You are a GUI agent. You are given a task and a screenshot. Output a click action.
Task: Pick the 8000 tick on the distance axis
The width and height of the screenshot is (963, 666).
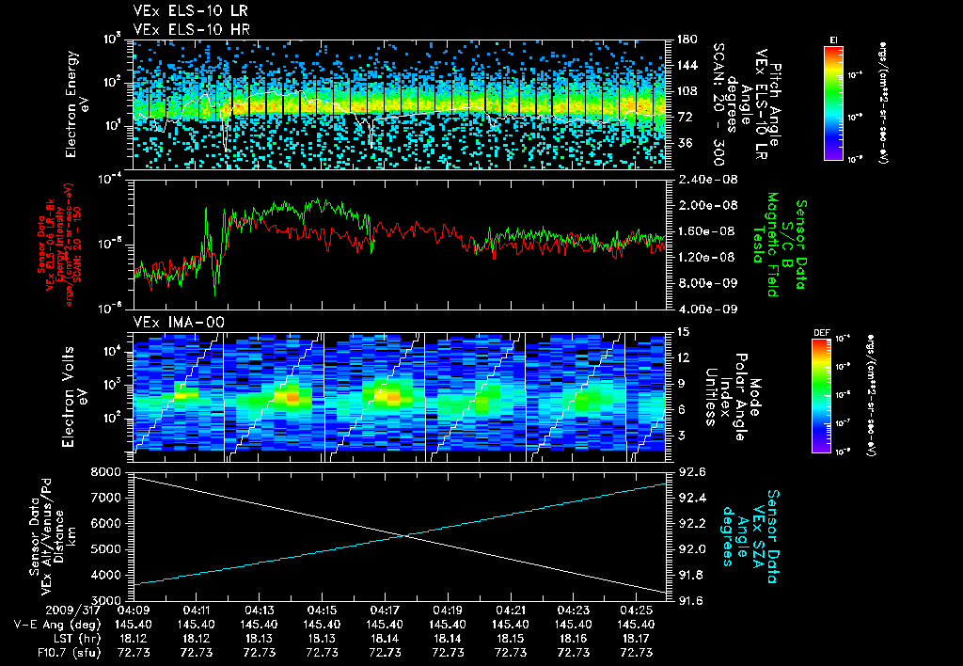[x=105, y=470]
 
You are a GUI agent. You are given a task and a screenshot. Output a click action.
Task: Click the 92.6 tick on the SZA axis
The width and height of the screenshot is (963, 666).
[x=684, y=470]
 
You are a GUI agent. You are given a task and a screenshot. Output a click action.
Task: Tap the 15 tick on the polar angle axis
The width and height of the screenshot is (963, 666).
[x=675, y=331]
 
